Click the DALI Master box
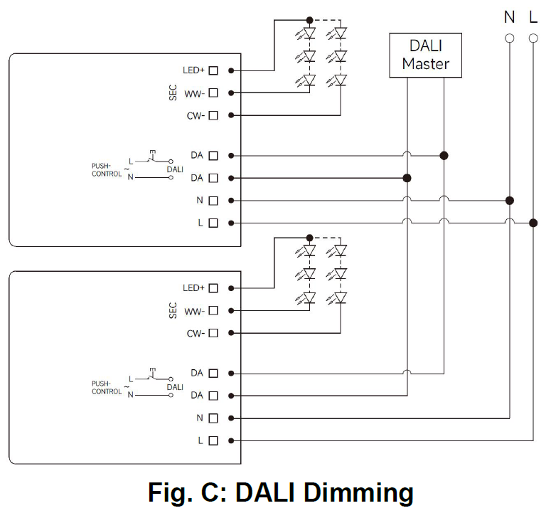coord(425,55)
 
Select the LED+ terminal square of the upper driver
coord(213,70)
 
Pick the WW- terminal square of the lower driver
coord(213,311)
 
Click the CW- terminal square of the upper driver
coord(213,115)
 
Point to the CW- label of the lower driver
coord(195,334)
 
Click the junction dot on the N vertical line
coord(510,201)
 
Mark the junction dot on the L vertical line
coord(533,223)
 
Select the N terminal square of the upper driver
coord(213,201)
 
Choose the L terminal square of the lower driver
coord(213,440)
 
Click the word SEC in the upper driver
coord(173,92)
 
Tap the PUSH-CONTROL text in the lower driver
coord(106,387)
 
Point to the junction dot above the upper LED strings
coord(309,20)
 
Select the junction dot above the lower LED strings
coord(309,238)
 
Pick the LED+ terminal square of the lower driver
coord(213,288)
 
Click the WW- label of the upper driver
coord(194,93)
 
